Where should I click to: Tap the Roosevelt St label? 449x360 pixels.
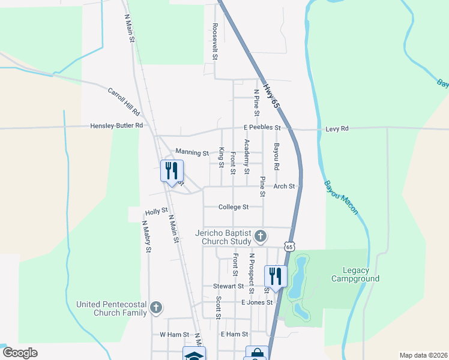(x=214, y=42)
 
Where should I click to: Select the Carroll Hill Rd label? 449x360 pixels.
(x=124, y=102)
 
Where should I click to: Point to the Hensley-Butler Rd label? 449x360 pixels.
(x=116, y=126)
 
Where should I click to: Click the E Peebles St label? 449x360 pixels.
(x=262, y=128)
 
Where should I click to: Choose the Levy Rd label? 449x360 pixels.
(x=336, y=128)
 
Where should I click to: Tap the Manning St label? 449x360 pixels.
(x=191, y=153)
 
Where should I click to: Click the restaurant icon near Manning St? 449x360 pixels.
(x=172, y=172)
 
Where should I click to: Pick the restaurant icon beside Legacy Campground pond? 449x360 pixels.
(x=276, y=277)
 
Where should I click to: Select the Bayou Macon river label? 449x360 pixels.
(x=341, y=197)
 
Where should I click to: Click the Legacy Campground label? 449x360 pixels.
(x=355, y=274)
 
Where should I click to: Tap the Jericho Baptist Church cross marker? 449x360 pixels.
(x=261, y=236)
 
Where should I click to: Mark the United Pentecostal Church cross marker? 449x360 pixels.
(x=155, y=308)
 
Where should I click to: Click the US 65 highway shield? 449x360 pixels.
(x=290, y=247)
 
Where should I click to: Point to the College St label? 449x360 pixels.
(x=234, y=207)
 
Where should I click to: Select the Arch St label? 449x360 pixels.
(x=284, y=187)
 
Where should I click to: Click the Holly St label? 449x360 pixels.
(x=156, y=212)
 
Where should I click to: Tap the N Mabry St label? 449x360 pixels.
(x=145, y=236)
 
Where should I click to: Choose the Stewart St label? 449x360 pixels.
(x=227, y=287)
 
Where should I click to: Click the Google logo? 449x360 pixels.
(x=20, y=353)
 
